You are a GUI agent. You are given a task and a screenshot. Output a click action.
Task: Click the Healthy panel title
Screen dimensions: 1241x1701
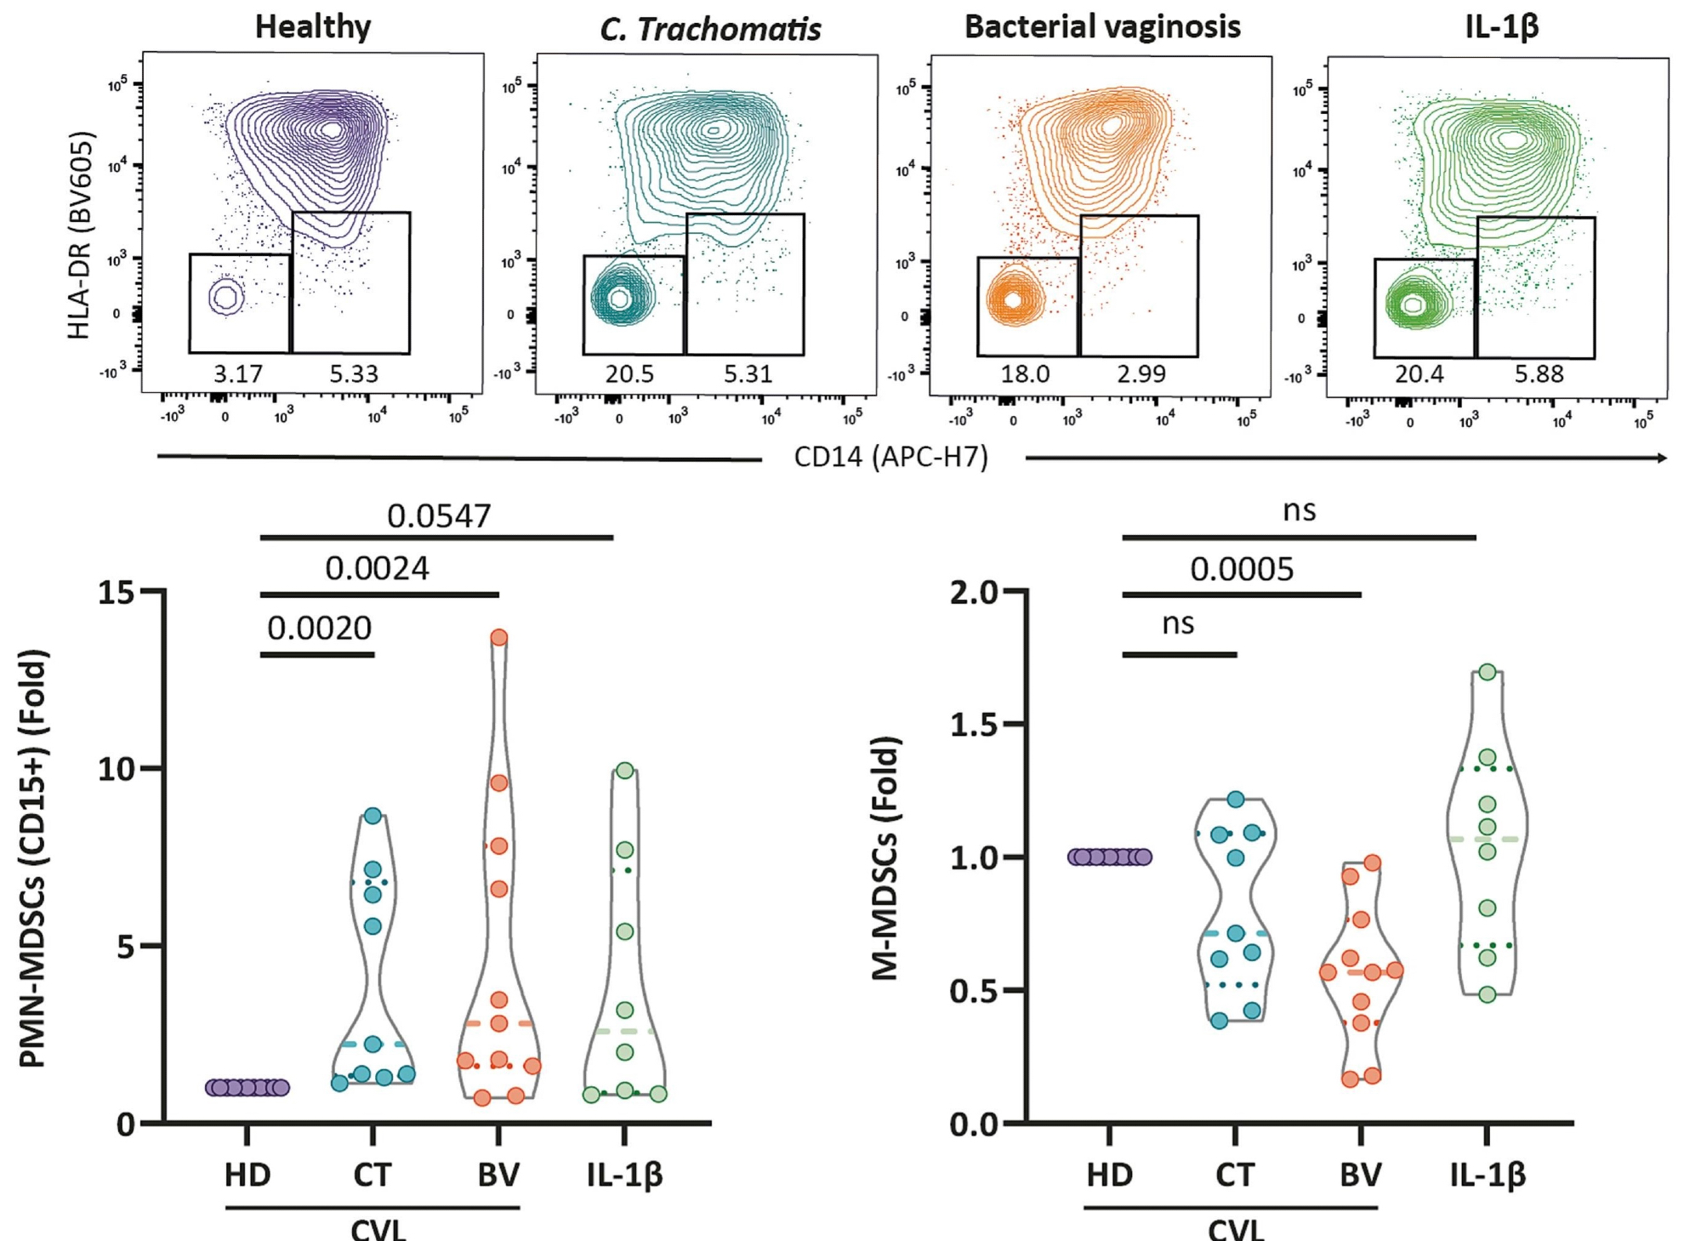click(x=313, y=26)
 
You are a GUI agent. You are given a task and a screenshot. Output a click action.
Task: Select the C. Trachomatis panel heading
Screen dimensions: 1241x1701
click(x=710, y=29)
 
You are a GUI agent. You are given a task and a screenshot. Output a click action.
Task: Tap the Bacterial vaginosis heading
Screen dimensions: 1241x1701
click(x=1102, y=26)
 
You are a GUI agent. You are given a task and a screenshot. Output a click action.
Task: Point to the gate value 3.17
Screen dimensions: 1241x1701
click(x=238, y=374)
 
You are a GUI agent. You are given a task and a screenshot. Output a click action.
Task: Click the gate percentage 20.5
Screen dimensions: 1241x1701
click(x=629, y=374)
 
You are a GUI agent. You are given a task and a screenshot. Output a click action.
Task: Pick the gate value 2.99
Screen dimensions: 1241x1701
click(x=1141, y=374)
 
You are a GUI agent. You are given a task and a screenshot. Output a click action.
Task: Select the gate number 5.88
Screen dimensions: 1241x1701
click(x=1539, y=374)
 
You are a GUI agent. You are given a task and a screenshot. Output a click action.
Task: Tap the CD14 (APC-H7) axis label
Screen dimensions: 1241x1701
click(x=890, y=458)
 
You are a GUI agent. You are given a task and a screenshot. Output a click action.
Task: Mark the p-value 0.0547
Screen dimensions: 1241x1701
click(x=439, y=516)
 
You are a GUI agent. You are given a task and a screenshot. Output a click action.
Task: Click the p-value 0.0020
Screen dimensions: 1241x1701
click(x=319, y=629)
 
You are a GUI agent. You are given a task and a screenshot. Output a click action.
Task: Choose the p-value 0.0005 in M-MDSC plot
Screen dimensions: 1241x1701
click(x=1242, y=569)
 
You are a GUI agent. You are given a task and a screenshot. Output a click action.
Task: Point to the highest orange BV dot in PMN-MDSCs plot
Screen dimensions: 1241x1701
click(x=499, y=637)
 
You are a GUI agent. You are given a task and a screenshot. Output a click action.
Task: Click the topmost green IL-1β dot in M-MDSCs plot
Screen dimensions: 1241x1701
click(x=1487, y=672)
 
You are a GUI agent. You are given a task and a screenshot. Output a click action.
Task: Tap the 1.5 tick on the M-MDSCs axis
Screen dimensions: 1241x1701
click(x=975, y=725)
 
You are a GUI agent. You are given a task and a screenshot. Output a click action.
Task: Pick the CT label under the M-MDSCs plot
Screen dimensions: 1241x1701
click(x=1234, y=1175)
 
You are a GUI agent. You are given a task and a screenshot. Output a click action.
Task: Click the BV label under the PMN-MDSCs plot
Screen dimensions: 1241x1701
click(x=498, y=1175)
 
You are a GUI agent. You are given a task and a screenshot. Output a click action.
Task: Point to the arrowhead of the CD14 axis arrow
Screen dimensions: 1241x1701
click(x=1662, y=458)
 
